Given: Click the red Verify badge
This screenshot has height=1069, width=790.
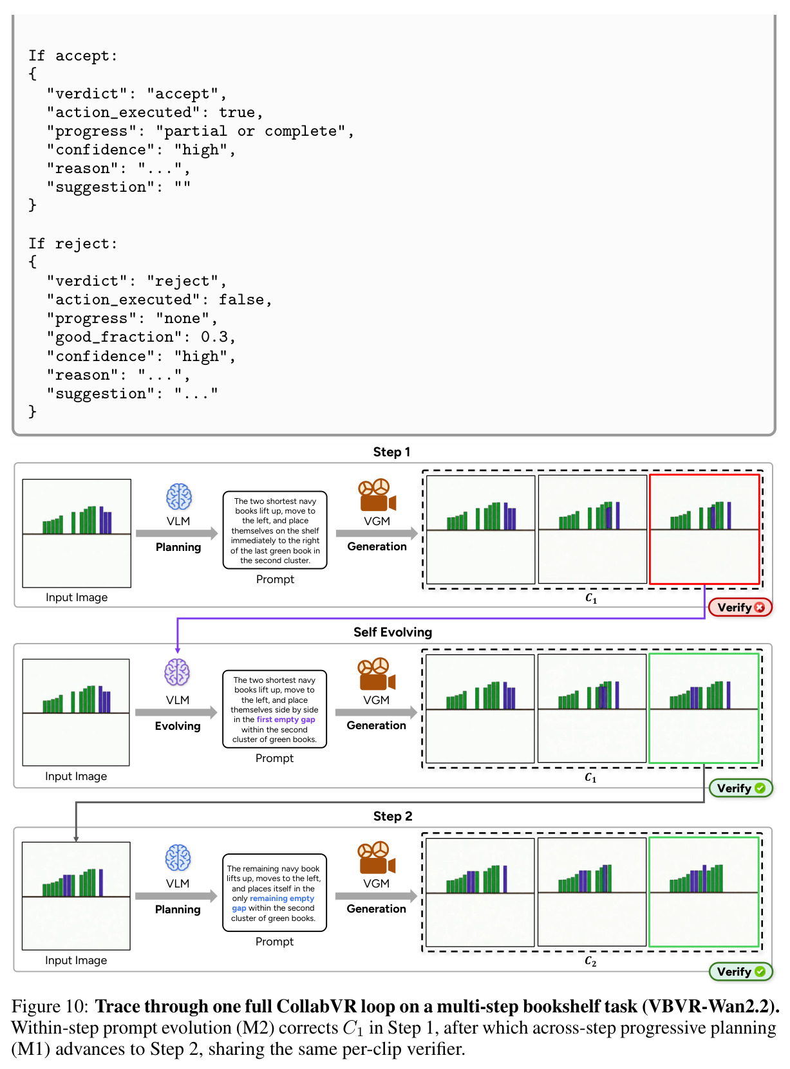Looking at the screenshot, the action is point(739,607).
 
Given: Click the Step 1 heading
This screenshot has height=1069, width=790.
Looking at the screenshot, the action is point(391,452).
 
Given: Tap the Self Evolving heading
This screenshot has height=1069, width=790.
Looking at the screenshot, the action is point(393,632).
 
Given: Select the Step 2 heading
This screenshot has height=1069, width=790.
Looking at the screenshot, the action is point(393,816).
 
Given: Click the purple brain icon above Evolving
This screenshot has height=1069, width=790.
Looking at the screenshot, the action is point(177,672).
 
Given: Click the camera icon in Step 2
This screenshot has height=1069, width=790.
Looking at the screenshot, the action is point(376,857).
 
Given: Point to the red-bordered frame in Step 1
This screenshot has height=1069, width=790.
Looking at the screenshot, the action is point(704,529).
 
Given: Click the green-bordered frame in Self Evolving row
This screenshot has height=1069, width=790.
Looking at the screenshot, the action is point(704,708).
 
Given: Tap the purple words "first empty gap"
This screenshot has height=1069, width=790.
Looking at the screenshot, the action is point(285,719).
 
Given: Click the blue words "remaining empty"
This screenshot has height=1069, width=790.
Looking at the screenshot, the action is point(281,898).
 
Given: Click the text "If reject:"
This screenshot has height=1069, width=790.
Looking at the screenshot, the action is point(73,243).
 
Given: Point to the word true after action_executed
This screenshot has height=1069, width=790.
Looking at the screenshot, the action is point(236,112).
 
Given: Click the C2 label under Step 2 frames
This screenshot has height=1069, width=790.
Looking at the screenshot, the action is point(590,961).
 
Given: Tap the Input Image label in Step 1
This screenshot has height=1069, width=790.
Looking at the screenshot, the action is point(77,597).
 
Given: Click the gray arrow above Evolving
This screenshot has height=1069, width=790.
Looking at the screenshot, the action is point(176,712).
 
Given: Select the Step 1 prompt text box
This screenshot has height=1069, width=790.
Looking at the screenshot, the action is point(274,530).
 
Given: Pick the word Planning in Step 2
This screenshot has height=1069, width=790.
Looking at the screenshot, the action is point(178,909).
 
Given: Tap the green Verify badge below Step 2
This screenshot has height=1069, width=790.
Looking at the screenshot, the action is point(740,971).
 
